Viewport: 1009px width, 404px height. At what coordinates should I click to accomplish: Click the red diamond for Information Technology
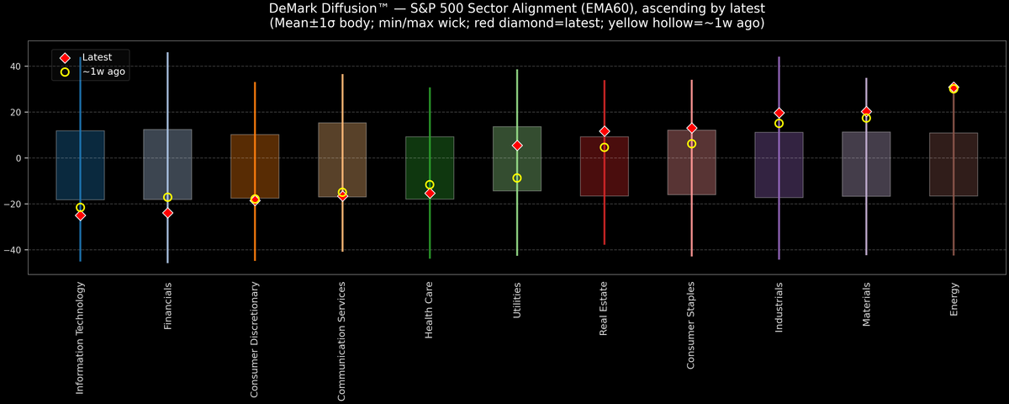(80, 215)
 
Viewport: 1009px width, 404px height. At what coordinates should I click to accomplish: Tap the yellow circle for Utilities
(517, 178)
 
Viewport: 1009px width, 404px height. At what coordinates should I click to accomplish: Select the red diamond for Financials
(167, 213)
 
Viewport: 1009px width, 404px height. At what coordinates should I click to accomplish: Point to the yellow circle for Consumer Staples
(691, 144)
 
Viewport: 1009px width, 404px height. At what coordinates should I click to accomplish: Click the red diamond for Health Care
(430, 194)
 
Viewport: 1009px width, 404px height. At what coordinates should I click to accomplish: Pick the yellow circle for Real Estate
(604, 147)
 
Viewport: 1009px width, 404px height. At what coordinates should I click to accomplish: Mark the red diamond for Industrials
(779, 113)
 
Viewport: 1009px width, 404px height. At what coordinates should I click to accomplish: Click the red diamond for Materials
(866, 112)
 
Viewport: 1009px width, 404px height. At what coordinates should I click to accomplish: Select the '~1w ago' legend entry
(103, 72)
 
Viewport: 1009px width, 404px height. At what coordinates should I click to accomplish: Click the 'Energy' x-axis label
(954, 300)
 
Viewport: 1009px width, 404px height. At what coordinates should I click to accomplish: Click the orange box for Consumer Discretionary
(255, 167)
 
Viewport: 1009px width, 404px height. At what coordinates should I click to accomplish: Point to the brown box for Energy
(954, 164)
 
